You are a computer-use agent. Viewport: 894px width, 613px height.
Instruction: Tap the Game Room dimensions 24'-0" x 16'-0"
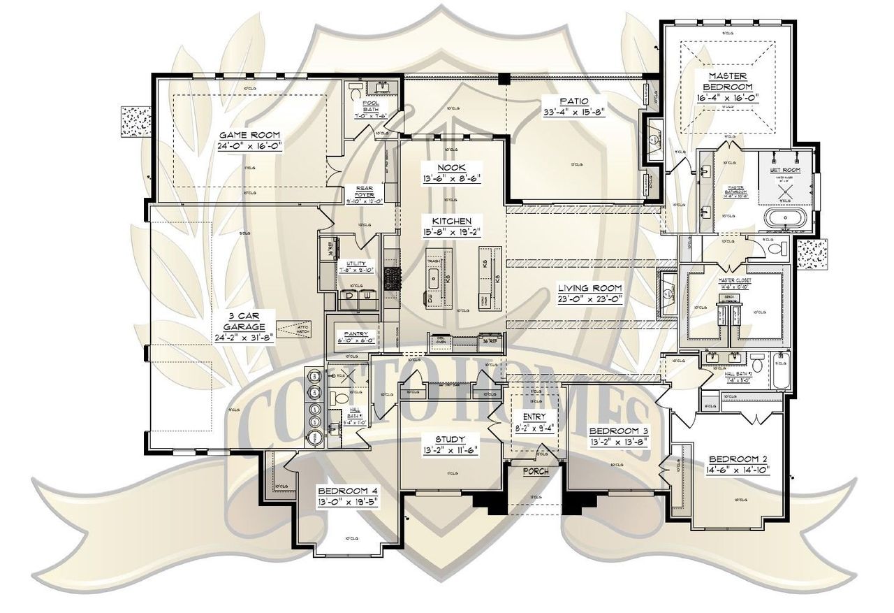click(240, 147)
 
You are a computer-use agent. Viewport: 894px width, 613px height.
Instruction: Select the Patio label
click(573, 101)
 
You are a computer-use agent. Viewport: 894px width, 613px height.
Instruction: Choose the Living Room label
click(589, 287)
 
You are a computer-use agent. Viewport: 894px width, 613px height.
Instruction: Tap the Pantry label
click(356, 334)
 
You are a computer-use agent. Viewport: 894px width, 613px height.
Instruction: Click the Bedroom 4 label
click(347, 491)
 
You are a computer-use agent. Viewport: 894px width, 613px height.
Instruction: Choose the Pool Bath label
click(370, 106)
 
